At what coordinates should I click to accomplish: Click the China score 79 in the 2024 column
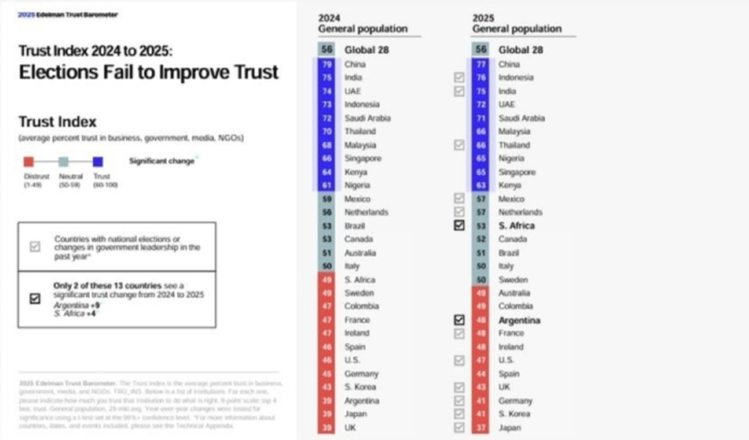326,64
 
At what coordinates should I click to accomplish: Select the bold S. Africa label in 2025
516,225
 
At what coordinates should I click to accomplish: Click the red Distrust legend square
28,161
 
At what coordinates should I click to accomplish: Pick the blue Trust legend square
98,161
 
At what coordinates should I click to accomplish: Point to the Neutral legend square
63,161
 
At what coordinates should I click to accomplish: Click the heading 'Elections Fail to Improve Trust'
149,72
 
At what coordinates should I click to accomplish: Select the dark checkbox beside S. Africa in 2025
460,225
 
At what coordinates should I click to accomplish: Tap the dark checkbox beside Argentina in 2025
460,320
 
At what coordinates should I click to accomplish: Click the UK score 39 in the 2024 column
326,427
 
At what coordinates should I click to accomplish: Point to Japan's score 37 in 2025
480,427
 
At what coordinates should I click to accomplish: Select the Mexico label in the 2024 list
358,199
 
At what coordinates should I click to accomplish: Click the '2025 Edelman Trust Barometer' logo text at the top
68,15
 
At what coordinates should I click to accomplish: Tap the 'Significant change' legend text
160,160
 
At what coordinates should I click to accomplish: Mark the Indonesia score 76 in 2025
480,77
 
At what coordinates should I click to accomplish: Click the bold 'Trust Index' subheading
57,122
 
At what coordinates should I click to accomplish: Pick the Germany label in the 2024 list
361,373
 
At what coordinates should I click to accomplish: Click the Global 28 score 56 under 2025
480,50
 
